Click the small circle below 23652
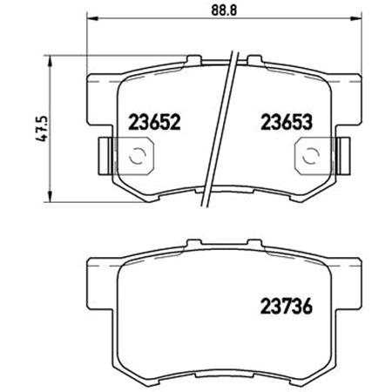[137, 158]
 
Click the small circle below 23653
[308, 158]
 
